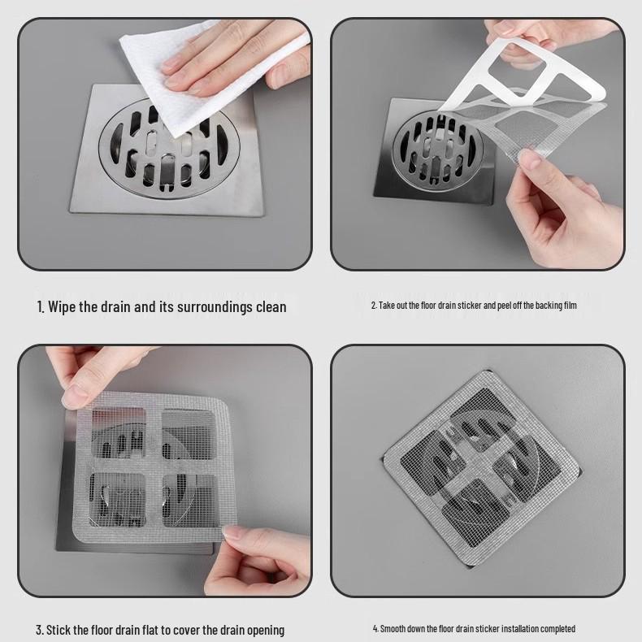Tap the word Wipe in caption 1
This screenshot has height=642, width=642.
point(63,306)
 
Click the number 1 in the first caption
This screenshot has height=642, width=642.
point(40,306)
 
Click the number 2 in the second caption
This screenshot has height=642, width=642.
point(373,306)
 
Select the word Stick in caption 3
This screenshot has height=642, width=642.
point(63,630)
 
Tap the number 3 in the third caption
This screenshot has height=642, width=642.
point(39,630)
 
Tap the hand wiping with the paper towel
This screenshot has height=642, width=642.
point(236,69)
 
